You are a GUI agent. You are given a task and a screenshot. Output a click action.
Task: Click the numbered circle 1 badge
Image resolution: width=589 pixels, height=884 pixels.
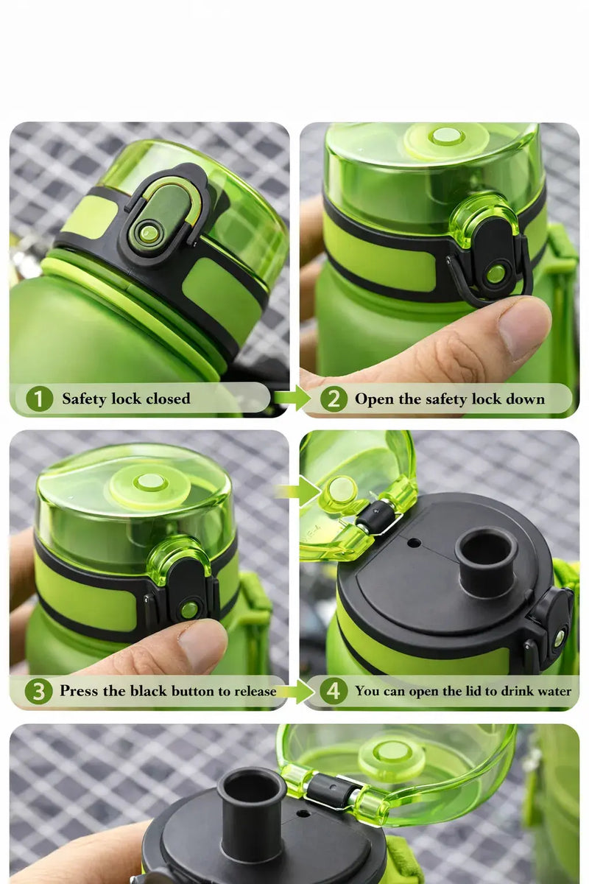click(x=40, y=399)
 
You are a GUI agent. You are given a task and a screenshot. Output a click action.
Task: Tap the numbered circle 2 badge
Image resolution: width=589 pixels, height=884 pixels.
click(x=334, y=399)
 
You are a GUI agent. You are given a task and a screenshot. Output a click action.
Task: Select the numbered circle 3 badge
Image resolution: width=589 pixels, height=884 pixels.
click(x=38, y=692)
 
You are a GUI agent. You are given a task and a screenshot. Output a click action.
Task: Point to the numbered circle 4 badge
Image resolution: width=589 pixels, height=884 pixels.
click(x=334, y=692)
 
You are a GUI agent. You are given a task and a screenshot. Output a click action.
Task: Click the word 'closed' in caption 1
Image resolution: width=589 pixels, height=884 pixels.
click(x=168, y=399)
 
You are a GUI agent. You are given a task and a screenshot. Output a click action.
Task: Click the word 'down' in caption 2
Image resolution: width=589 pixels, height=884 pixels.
click(x=526, y=399)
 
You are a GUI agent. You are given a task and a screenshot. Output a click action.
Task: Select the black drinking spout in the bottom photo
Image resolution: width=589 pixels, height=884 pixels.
click(x=251, y=810)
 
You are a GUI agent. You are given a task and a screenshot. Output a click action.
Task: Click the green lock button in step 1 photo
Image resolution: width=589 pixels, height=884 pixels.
click(x=150, y=233)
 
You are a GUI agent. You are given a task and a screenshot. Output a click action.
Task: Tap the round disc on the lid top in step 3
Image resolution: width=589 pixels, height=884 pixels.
click(x=150, y=483)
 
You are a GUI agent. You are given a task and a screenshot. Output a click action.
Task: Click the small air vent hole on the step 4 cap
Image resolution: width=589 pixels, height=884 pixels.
click(x=415, y=543)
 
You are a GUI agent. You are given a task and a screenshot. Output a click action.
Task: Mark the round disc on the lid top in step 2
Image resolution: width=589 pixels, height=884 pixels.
click(x=446, y=137)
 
